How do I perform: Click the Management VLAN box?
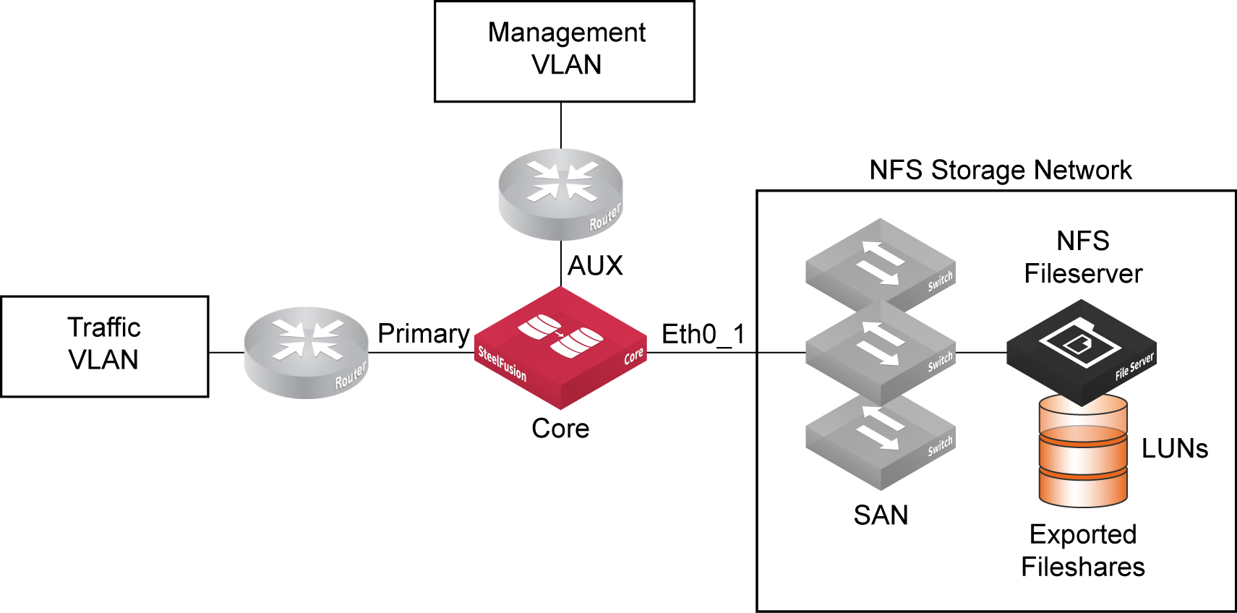tap(564, 51)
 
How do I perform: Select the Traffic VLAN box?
tap(105, 346)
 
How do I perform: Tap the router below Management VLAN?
tap(561, 194)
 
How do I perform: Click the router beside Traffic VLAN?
tap(306, 353)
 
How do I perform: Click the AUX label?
tap(595, 266)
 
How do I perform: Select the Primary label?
tap(424, 334)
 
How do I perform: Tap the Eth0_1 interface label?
tap(703, 335)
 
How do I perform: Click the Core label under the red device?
tap(560, 429)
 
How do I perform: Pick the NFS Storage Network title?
tap(1000, 171)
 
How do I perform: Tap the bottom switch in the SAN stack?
tap(881, 441)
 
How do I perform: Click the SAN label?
tap(881, 515)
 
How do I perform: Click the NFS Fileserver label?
tap(1083, 257)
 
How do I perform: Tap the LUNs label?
tap(1175, 449)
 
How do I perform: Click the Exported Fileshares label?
tap(1083, 551)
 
